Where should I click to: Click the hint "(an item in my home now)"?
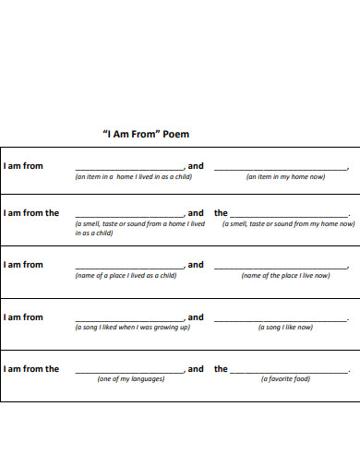coord(285,176)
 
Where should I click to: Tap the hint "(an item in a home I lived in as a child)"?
coord(133,176)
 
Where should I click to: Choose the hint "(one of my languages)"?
coord(131,379)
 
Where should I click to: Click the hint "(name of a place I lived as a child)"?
coord(126,275)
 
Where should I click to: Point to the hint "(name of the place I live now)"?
coord(285,275)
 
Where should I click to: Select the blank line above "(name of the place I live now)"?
coord(281,268)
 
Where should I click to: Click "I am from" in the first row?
coord(23,166)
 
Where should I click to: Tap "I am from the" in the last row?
coord(31,369)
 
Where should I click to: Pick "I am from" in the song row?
coord(23,317)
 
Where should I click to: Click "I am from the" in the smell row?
coord(31,213)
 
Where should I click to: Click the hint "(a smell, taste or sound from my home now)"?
coord(287,223)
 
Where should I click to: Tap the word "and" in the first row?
coord(196,166)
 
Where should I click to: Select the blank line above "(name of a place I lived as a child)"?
coord(129,268)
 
